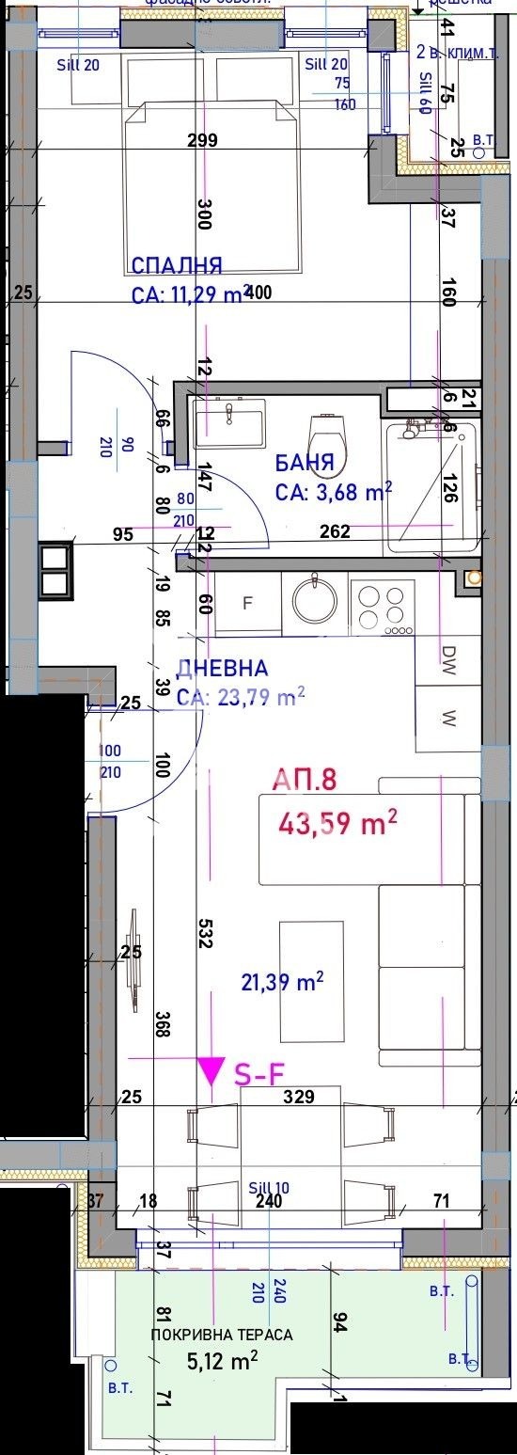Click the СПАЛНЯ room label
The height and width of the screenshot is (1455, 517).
pyautogui.click(x=177, y=264)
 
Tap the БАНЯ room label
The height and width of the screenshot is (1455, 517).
pyautogui.click(x=305, y=463)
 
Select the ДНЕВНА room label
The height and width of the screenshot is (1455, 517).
pyautogui.click(x=222, y=669)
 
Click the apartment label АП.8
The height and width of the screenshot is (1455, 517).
pyautogui.click(x=304, y=779)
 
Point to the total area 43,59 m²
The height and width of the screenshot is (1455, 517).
pyautogui.click(x=337, y=824)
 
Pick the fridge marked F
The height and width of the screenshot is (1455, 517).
pyautogui.click(x=248, y=604)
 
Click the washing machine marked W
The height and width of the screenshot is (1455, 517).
pyautogui.click(x=448, y=720)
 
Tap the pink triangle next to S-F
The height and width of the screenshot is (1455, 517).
pyautogui.click(x=211, y=1071)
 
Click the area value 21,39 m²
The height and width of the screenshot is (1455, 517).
pyautogui.click(x=282, y=983)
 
